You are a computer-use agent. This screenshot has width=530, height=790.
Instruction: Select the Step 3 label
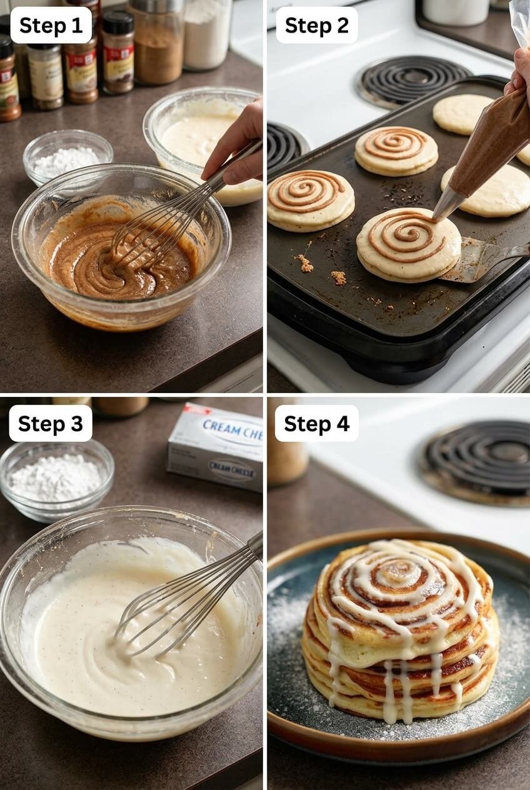[50, 423]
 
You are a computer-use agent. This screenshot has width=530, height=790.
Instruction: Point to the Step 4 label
[316, 423]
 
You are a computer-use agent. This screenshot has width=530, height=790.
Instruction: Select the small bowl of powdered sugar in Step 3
[56, 479]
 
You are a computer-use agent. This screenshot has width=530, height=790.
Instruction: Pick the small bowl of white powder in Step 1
[67, 156]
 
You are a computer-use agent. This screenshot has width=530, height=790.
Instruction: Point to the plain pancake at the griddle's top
[462, 114]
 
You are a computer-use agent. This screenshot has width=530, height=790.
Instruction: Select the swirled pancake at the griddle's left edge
[309, 200]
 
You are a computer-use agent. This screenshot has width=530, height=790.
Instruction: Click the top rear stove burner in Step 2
[412, 79]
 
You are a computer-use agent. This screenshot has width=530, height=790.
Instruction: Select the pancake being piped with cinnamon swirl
[407, 244]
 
